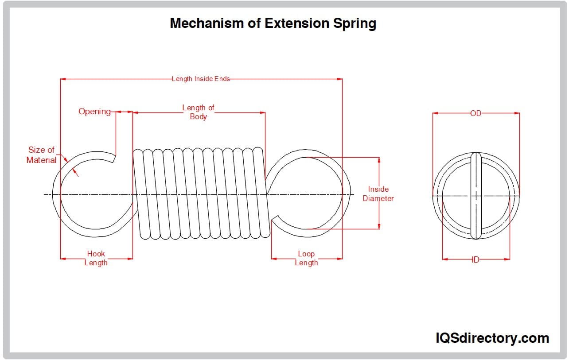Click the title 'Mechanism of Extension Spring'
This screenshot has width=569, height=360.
[x=273, y=23]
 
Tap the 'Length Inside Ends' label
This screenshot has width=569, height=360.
[x=201, y=79]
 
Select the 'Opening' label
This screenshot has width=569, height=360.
[x=94, y=112]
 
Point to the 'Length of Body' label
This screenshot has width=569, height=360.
[x=198, y=112]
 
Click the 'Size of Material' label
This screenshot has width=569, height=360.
[x=41, y=155]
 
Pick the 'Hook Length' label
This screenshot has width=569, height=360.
[x=96, y=258]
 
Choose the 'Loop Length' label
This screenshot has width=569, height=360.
[x=306, y=258]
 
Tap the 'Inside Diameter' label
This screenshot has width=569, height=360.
[x=378, y=194]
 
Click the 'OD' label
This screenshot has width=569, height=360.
[x=475, y=113]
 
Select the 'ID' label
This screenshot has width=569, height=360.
[x=475, y=259]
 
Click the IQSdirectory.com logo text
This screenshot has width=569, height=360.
[x=492, y=338]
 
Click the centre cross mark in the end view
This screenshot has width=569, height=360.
[x=475, y=195]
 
